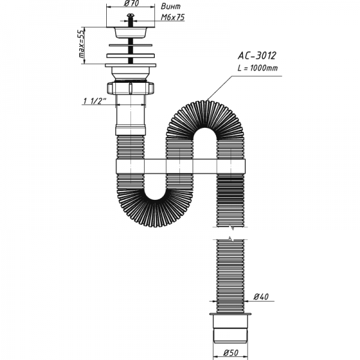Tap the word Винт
171,6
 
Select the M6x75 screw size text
172,17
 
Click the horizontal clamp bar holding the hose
180,166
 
